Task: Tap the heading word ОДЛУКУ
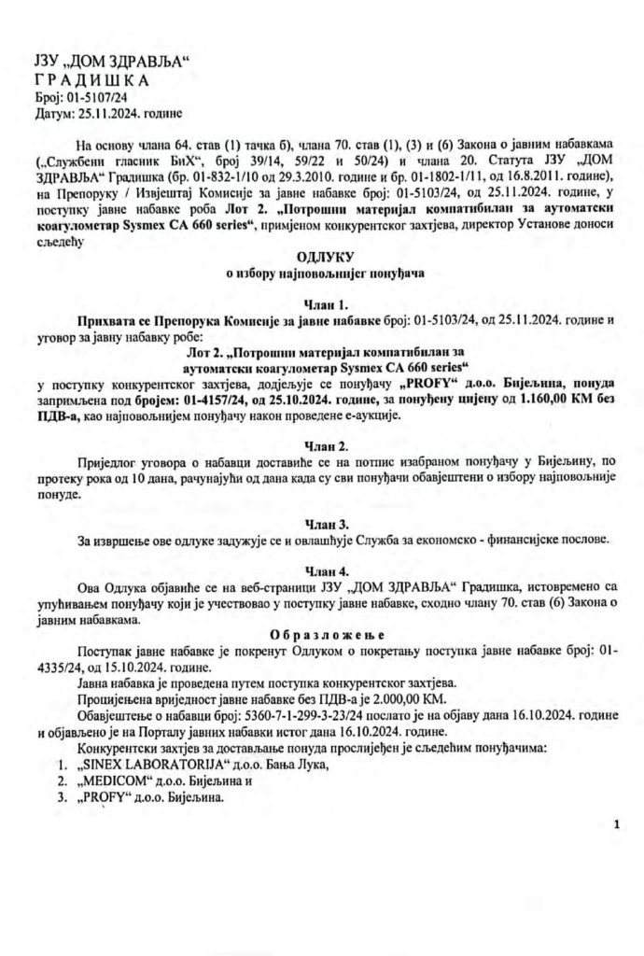point(321,256)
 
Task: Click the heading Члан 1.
point(321,303)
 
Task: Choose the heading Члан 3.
point(321,523)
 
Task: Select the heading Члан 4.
point(321,570)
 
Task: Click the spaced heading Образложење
point(321,634)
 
